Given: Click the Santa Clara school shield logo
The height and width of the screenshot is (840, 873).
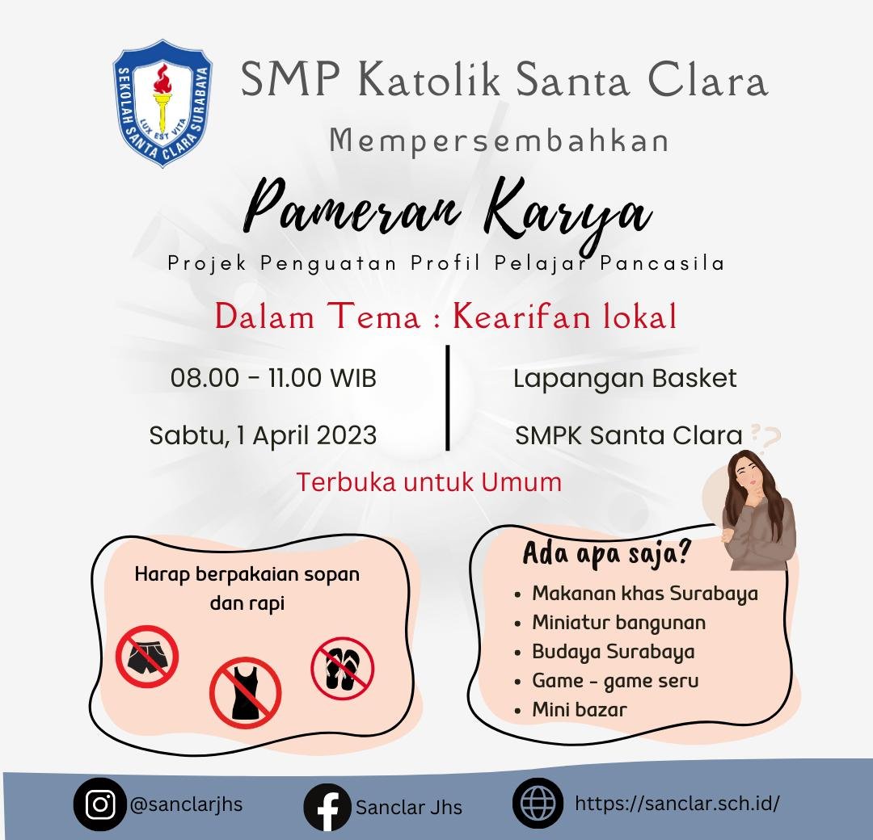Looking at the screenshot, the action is [162, 103].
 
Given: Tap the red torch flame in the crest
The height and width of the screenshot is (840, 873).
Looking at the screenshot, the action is [162, 79].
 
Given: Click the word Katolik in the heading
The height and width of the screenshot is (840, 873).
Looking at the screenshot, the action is [429, 79].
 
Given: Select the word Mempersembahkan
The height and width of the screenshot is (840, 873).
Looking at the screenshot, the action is [499, 141].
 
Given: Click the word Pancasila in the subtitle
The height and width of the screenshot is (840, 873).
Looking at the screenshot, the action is [662, 262].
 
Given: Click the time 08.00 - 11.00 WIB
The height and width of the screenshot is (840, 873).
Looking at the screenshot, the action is [273, 378].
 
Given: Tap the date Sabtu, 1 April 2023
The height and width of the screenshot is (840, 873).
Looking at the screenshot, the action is [263, 435].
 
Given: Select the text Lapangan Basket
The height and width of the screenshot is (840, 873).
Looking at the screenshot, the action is [625, 378].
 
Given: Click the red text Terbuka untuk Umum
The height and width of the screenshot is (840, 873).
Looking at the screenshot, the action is [428, 481].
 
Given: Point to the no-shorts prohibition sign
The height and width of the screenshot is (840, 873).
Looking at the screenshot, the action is [147, 657].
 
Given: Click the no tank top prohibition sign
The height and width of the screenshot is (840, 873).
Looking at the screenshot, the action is [245, 693].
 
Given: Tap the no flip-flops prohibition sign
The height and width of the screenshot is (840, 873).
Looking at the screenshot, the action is [342, 668].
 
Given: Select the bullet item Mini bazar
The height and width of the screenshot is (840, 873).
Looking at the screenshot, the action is [580, 709].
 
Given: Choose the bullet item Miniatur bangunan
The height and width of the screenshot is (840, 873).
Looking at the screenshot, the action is [618, 623].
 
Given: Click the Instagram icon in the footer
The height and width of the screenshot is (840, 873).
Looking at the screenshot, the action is [100, 804].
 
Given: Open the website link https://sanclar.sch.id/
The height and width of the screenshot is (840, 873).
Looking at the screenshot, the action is [677, 804].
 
